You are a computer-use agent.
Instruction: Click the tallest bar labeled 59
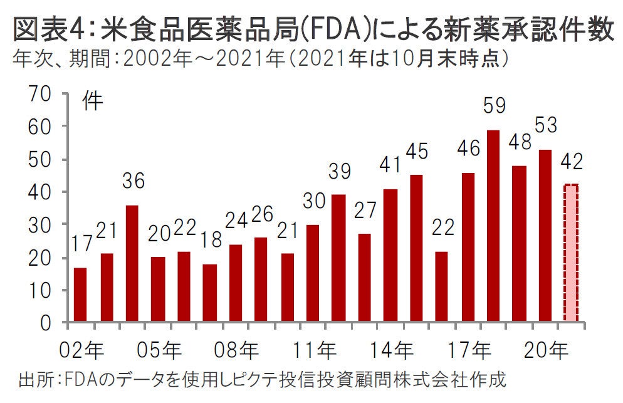click(x=493, y=226)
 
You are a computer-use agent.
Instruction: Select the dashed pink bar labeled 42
click(x=571, y=253)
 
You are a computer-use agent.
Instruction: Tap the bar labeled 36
click(x=132, y=263)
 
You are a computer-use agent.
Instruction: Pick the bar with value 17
click(x=80, y=295)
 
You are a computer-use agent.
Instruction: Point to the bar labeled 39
click(x=338, y=258)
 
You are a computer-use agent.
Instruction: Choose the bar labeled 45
click(x=416, y=248)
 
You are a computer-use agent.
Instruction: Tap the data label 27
click(x=364, y=209)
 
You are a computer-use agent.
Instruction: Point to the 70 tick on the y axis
click(x=39, y=95)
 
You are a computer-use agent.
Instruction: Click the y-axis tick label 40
click(x=39, y=192)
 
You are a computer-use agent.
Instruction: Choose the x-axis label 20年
click(x=551, y=348)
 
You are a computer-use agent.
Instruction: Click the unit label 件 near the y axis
click(x=93, y=102)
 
